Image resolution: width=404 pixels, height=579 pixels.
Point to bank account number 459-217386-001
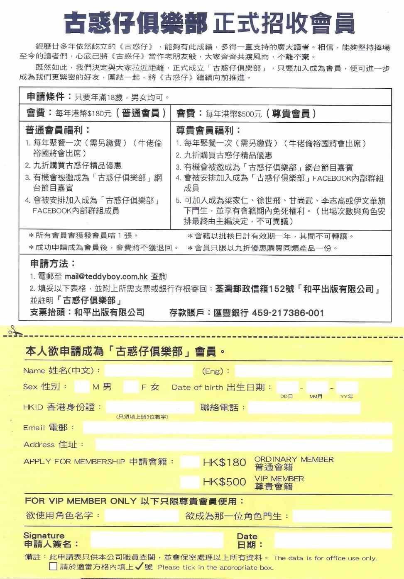[288, 313]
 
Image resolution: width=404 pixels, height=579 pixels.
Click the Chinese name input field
[149, 371]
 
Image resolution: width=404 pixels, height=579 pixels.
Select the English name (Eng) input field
[313, 371]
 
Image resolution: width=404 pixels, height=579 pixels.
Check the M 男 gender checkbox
[82, 387]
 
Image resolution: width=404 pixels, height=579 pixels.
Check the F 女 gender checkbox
[131, 387]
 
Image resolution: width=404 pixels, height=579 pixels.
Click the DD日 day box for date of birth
[287, 388]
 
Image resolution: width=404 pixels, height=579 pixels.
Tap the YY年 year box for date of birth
[347, 388]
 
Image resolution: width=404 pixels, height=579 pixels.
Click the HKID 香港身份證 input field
[150, 407]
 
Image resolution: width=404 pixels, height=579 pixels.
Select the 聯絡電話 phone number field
[304, 408]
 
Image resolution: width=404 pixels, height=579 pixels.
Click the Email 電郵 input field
[237, 428]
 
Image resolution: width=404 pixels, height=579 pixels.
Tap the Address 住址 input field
[243, 445]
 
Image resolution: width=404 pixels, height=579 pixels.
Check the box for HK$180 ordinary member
[190, 462]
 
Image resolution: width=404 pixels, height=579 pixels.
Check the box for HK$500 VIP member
[190, 482]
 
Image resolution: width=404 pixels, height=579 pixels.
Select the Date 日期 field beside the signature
[333, 540]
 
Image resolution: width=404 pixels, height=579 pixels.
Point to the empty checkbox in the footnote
[53, 567]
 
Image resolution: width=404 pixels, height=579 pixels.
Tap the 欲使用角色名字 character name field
[141, 516]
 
